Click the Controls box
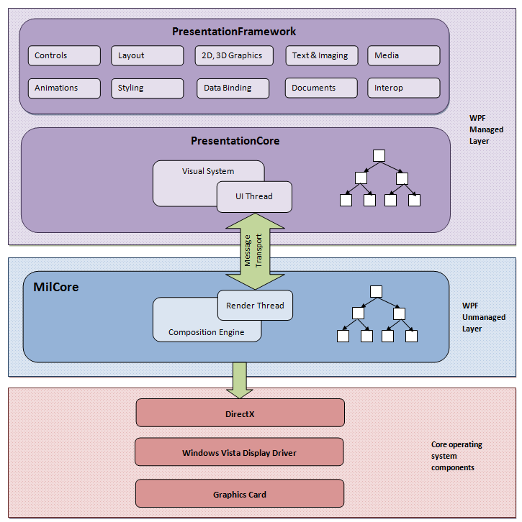click(x=64, y=55)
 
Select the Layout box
click(x=147, y=55)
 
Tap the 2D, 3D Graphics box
click(x=232, y=55)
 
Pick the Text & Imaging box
click(x=321, y=55)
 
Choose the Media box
click(x=403, y=55)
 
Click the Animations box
click(x=64, y=88)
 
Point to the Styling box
click(x=147, y=88)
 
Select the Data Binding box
click(x=233, y=88)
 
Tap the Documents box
click(x=321, y=88)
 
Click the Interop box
click(x=403, y=88)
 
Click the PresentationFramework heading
click(x=234, y=32)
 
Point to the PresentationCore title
click(x=235, y=141)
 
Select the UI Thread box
click(x=254, y=196)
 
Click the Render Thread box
click(x=255, y=306)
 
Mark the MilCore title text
click(x=56, y=288)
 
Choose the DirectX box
click(x=240, y=413)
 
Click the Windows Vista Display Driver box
click(x=239, y=452)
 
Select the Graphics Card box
click(x=239, y=494)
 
